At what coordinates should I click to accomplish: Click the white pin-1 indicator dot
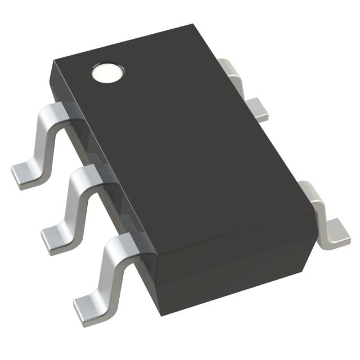pos(106,73)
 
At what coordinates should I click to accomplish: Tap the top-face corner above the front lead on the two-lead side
pos(313,206)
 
